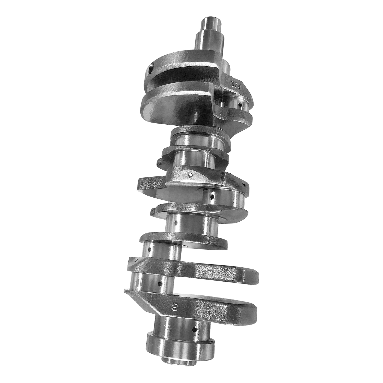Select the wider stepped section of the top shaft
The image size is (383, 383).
[209, 41]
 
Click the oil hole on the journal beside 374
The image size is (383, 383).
[240, 104]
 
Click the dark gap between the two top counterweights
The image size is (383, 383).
[184, 80]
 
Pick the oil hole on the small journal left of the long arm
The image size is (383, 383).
[149, 249]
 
